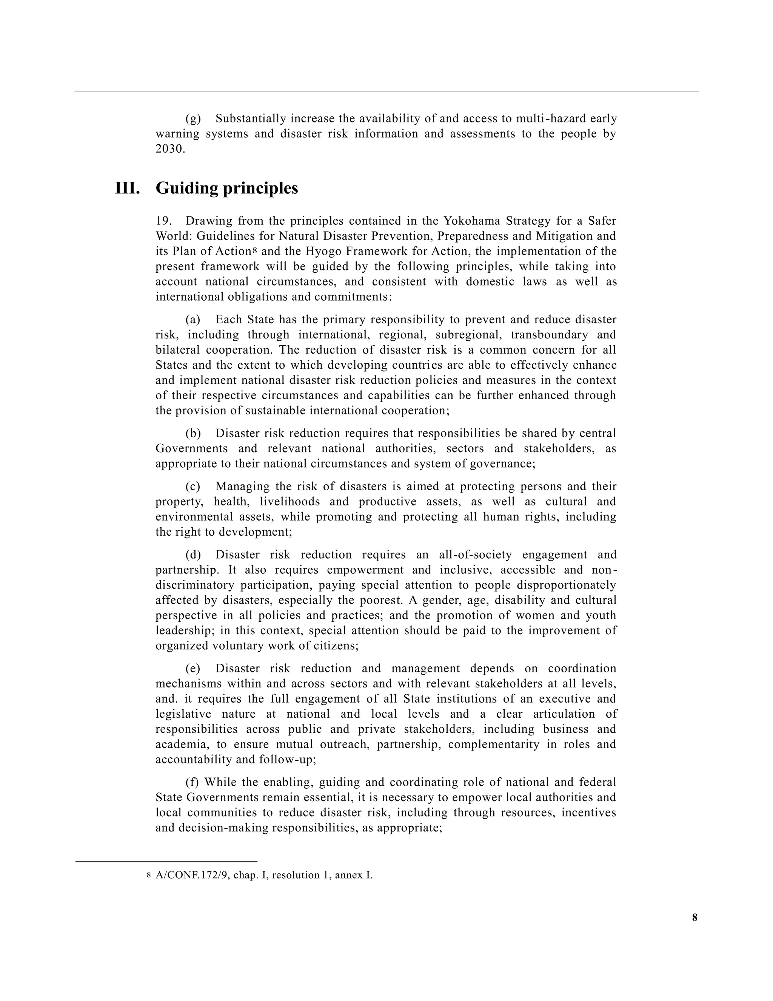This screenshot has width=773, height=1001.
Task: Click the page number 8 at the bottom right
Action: pyautogui.click(x=695, y=918)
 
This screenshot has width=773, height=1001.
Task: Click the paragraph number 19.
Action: pyautogui.click(x=163, y=221)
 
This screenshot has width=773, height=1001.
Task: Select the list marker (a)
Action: pyautogui.click(x=193, y=320)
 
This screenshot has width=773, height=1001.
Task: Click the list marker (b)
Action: pyautogui.click(x=193, y=433)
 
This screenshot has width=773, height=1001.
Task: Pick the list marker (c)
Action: pyautogui.click(x=193, y=486)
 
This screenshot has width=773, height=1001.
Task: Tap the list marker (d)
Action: pyautogui.click(x=193, y=555)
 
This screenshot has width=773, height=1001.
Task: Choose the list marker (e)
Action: pyautogui.click(x=193, y=668)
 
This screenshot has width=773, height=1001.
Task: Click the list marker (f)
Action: pyautogui.click(x=192, y=782)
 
